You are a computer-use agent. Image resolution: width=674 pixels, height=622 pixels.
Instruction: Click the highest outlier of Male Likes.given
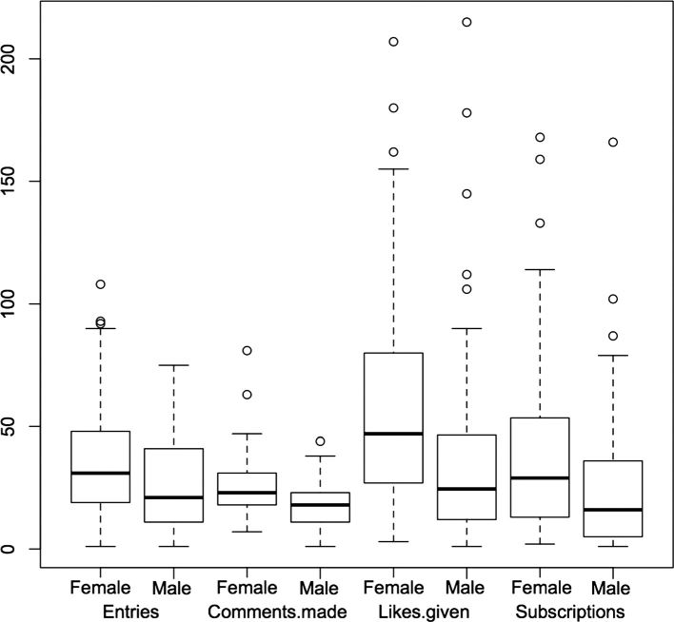click(x=466, y=22)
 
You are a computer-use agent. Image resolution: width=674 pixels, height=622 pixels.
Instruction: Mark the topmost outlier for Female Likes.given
click(x=393, y=42)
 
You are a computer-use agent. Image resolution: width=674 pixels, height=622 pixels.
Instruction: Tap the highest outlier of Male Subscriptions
click(x=613, y=143)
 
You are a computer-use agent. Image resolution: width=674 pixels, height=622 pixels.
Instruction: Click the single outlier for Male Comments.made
click(x=320, y=441)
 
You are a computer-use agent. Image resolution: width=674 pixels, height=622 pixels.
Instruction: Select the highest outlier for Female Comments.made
click(x=248, y=351)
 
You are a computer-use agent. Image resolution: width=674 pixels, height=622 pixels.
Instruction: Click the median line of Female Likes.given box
click(x=393, y=434)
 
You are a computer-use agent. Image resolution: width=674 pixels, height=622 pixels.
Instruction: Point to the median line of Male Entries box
click(x=174, y=497)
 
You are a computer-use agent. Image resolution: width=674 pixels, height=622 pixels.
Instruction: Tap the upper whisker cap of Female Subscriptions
click(x=540, y=270)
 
